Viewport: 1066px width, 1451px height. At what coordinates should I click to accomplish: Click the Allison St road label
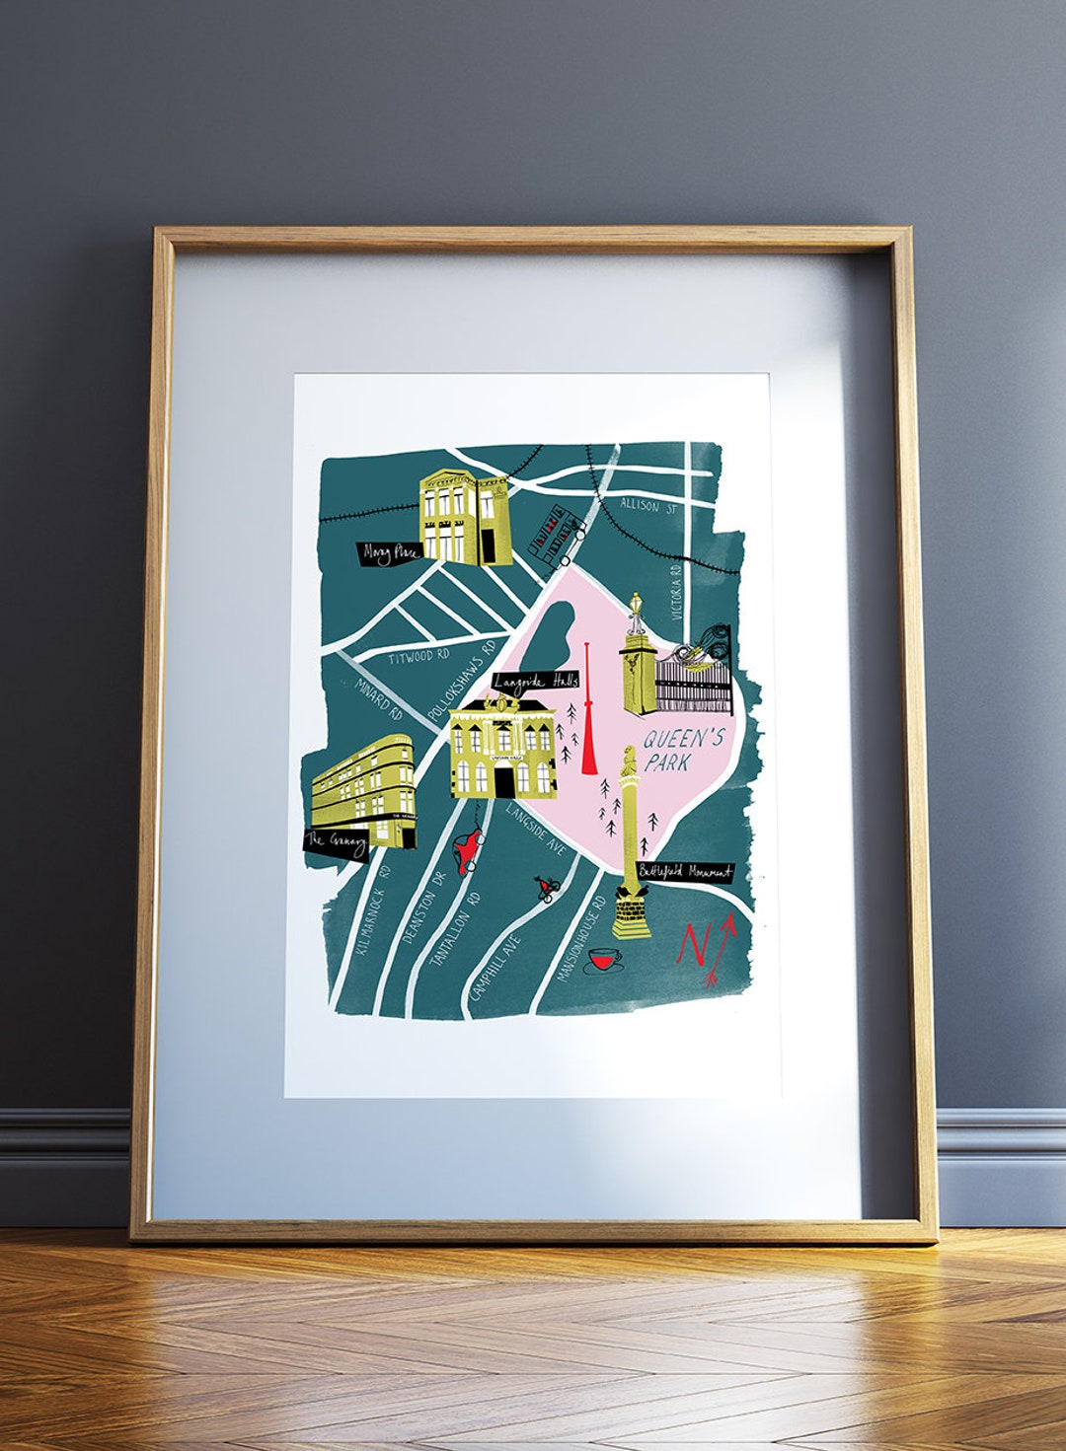(x=647, y=507)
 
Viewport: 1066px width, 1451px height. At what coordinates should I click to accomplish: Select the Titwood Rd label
(x=419, y=656)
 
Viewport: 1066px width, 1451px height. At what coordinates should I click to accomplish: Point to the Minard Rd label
(x=379, y=698)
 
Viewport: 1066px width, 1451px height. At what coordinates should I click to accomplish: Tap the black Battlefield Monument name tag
(x=685, y=872)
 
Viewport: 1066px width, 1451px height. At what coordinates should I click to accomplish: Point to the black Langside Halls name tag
(x=536, y=681)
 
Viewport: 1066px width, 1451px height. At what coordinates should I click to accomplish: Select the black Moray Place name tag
(x=391, y=553)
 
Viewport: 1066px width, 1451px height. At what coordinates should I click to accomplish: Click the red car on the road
(x=466, y=847)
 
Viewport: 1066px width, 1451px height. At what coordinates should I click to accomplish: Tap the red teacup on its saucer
(x=602, y=960)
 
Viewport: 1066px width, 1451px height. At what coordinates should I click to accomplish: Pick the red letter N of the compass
(x=693, y=946)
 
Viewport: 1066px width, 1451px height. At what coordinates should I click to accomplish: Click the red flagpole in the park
(x=588, y=720)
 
